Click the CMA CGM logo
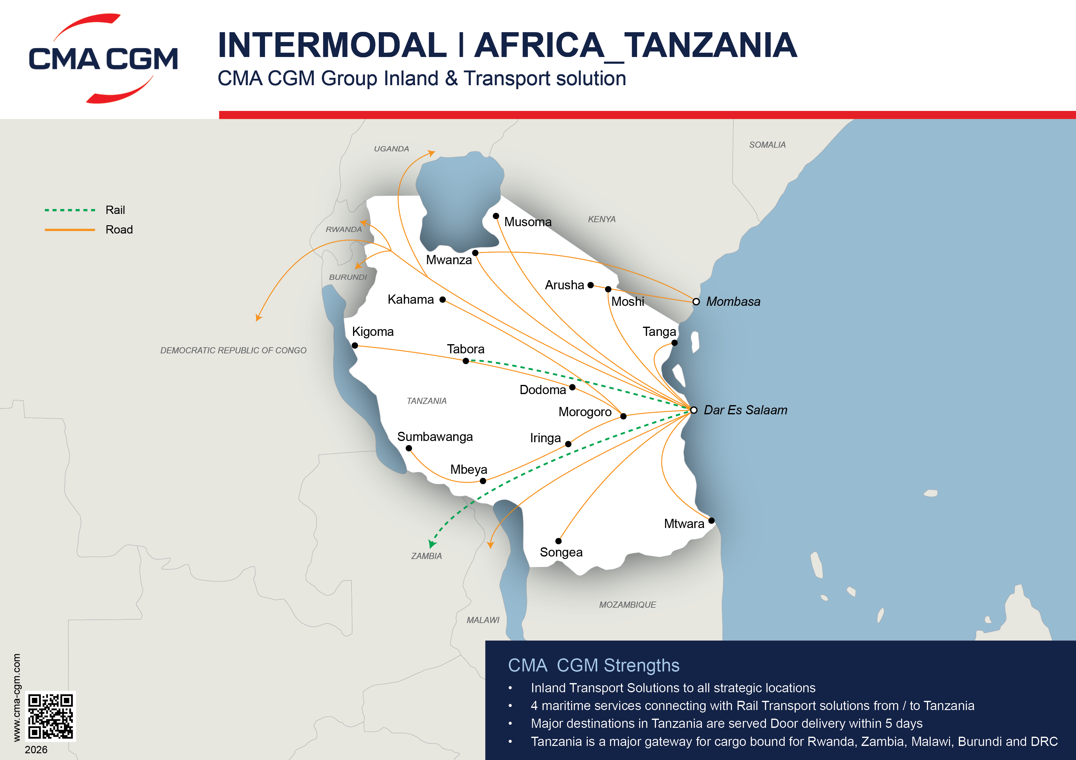[x=103, y=59]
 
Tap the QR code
[x=50, y=716]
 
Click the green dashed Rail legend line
[x=70, y=210]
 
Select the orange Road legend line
[x=70, y=230]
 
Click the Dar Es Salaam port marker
[x=694, y=410]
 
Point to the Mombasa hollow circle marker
[x=696, y=302]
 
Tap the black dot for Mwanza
[x=475, y=253]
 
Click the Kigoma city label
[x=373, y=332]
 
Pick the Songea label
[x=561, y=552]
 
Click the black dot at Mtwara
[x=711, y=520]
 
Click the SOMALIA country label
[x=767, y=145]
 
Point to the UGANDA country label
[x=391, y=149]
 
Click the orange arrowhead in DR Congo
[x=258, y=318]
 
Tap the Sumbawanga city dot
[x=409, y=448]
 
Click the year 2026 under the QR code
[x=36, y=750]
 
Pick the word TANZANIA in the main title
[x=710, y=45]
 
